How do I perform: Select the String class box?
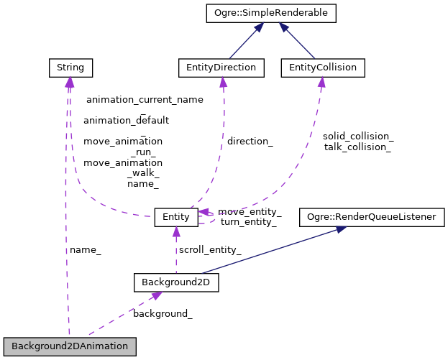[69, 68]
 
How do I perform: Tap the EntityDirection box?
[221, 68]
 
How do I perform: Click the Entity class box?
[175, 216]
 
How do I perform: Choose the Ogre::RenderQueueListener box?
[372, 216]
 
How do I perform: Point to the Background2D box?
[176, 282]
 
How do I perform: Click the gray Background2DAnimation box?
[70, 346]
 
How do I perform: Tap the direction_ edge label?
[250, 142]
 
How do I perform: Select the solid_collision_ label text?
[357, 136]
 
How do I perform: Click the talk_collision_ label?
[357, 147]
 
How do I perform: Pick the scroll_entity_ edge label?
[210, 250]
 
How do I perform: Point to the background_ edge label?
[163, 314]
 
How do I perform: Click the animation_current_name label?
[145, 100]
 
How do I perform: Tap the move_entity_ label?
[250, 212]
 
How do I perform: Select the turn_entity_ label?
[248, 222]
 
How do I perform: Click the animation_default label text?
[126, 121]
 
